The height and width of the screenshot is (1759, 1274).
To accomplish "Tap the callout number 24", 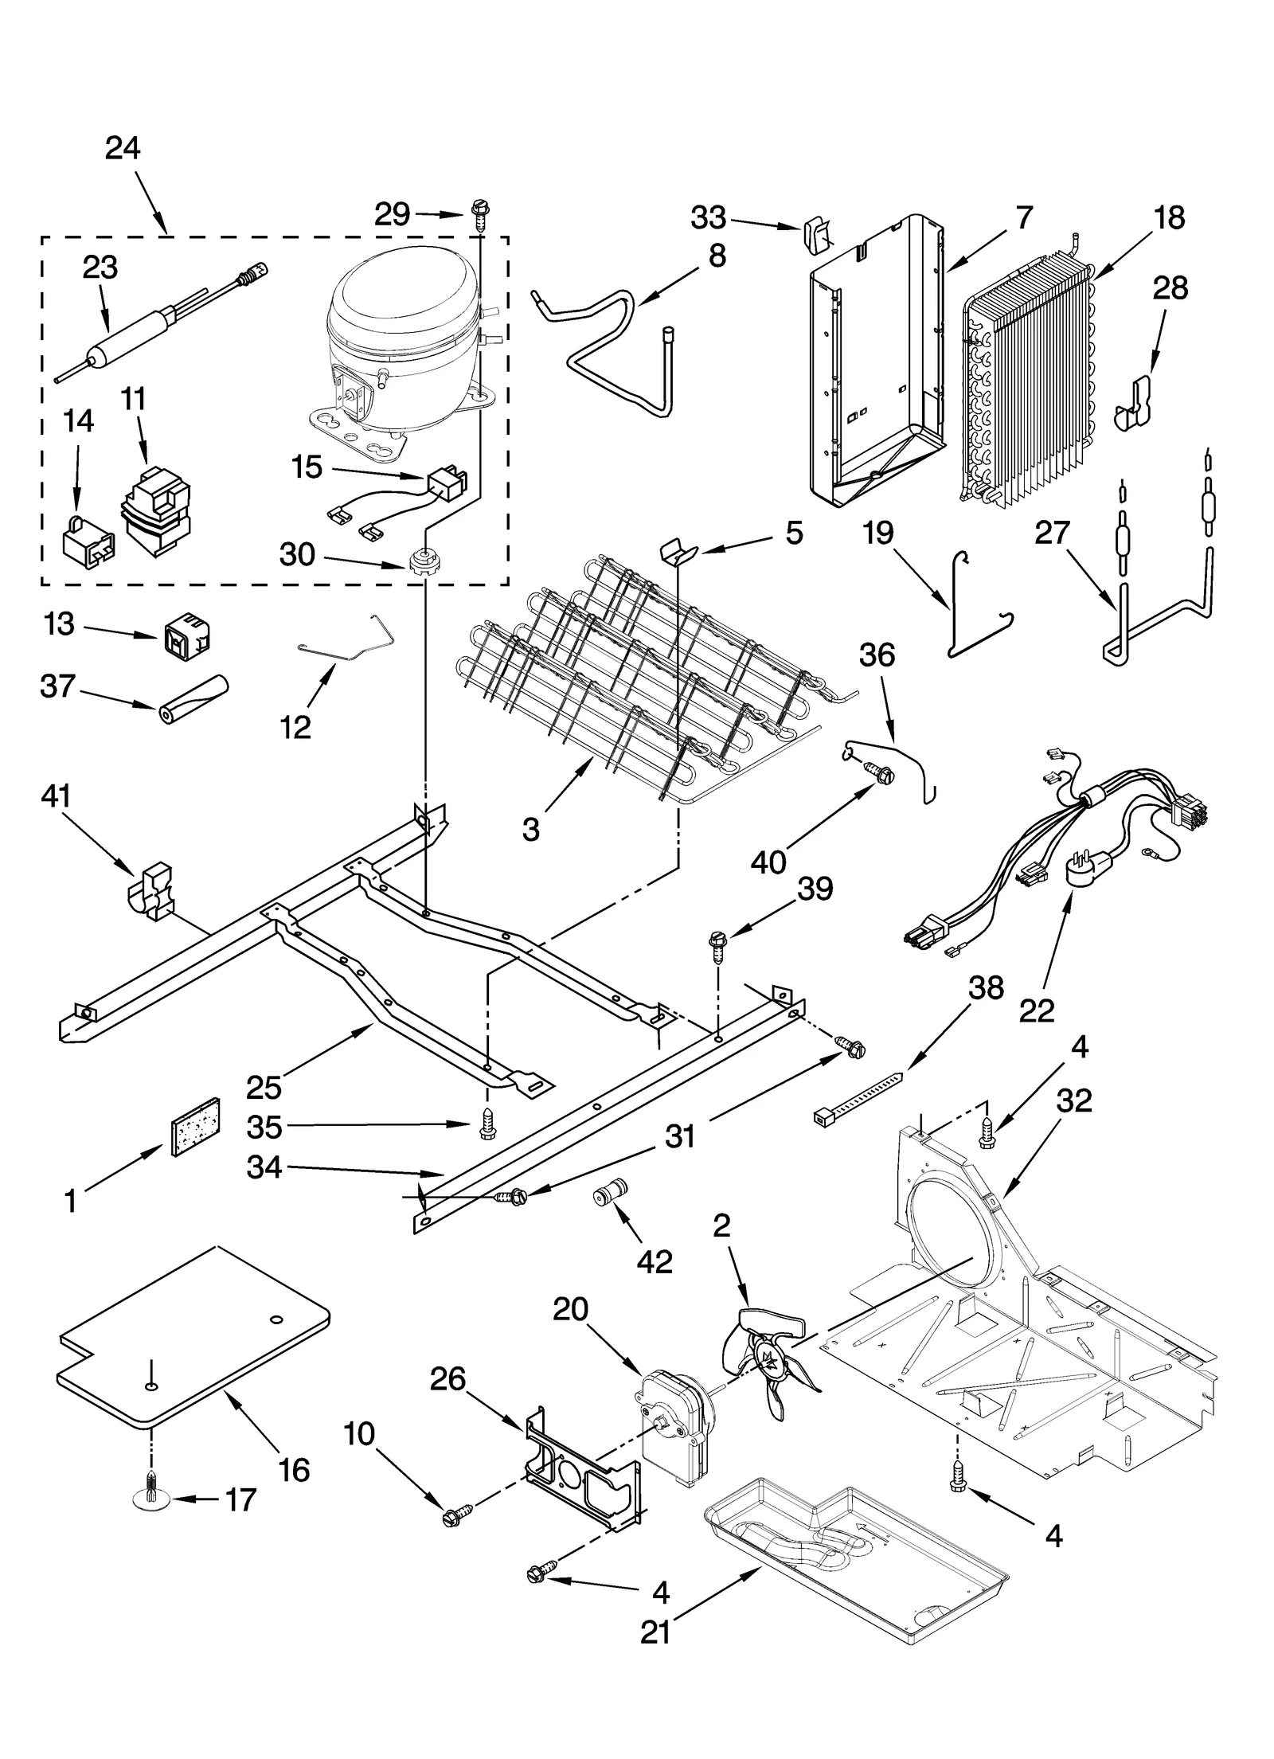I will (123, 149).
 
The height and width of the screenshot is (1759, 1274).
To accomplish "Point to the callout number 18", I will (1169, 217).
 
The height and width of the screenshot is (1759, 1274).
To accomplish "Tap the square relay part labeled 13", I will (185, 635).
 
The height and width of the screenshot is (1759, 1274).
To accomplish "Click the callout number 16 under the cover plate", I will (295, 1470).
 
